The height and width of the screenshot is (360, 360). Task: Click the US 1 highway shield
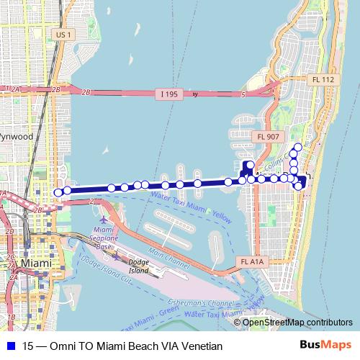coord(63,34)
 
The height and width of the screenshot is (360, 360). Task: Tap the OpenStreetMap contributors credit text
coord(297,322)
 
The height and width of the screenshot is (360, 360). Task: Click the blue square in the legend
coord(9,346)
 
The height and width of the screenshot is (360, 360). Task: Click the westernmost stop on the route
coord(58,192)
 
